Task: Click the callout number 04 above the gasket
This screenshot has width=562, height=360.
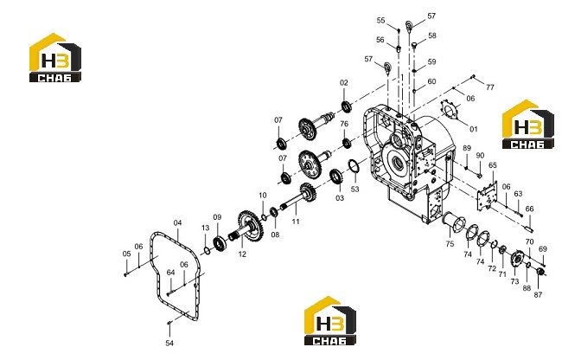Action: [178, 222]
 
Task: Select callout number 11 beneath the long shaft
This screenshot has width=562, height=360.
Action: [296, 222]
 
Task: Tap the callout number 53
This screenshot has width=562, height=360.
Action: [354, 189]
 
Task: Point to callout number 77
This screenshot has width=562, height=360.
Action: [490, 87]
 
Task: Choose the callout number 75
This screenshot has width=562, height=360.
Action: [450, 244]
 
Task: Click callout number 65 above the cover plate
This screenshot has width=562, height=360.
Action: [493, 165]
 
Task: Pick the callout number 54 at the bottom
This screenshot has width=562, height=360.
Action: [169, 344]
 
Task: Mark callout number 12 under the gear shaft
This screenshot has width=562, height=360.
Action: [242, 254]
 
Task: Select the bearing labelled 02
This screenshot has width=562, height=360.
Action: [346, 106]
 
